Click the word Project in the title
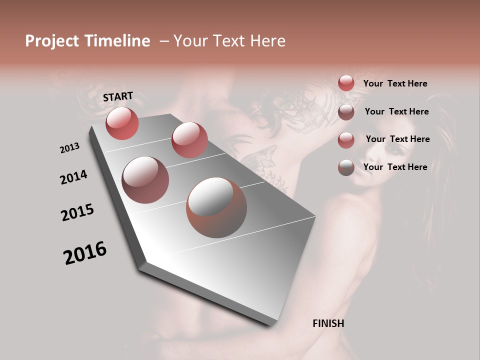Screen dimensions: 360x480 click(x=52, y=41)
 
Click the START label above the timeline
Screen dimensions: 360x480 click(x=118, y=96)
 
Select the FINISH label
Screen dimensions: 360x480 click(x=328, y=323)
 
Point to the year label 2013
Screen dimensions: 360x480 click(x=69, y=148)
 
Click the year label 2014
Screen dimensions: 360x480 click(x=73, y=177)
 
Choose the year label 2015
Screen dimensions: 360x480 click(x=77, y=212)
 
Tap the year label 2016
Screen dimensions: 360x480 click(x=85, y=252)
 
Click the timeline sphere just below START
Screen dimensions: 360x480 click(x=122, y=123)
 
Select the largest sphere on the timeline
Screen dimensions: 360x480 click(x=216, y=207)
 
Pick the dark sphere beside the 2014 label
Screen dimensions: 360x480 click(x=145, y=180)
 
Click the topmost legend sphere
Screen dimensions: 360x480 click(x=346, y=83)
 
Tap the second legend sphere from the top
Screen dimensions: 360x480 click(x=346, y=111)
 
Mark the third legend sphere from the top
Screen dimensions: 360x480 click(x=346, y=139)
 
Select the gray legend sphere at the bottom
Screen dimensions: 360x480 click(x=346, y=167)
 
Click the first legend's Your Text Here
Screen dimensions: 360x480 click(x=395, y=83)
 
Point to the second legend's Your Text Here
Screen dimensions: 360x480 click(x=396, y=111)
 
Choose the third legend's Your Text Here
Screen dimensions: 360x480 click(x=397, y=139)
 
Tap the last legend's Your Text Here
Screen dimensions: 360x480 click(x=395, y=167)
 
